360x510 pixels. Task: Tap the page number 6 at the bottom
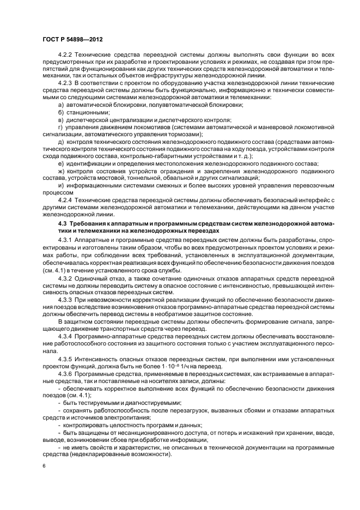click(x=44, y=467)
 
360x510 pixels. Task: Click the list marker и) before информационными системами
click(x=60, y=185)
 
